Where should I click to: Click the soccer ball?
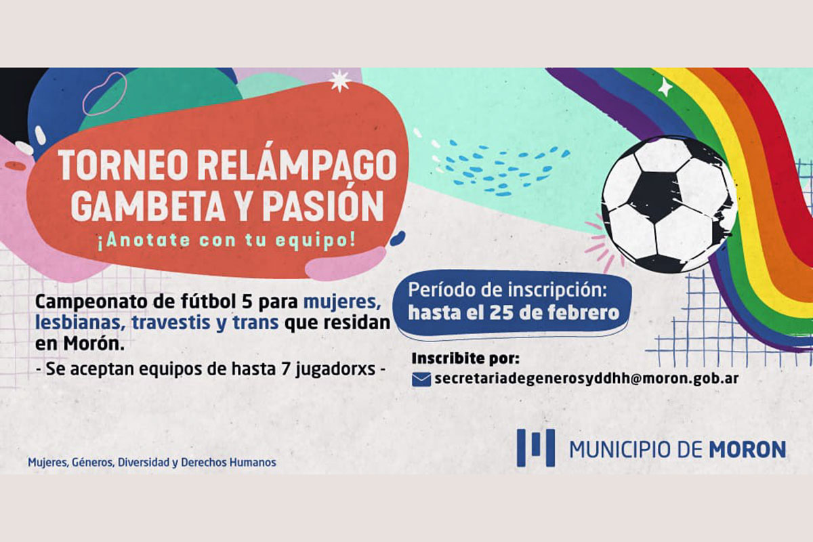(669, 205)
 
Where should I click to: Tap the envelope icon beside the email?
(421, 379)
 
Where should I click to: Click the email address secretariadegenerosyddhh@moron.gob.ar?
(587, 378)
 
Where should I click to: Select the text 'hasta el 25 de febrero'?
(514, 313)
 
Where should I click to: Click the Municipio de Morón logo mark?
(535, 448)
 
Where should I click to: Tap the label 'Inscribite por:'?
(465, 358)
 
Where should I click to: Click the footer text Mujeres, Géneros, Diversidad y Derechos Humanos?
(152, 463)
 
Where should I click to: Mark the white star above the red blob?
(339, 81)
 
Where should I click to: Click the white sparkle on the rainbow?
(665, 87)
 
